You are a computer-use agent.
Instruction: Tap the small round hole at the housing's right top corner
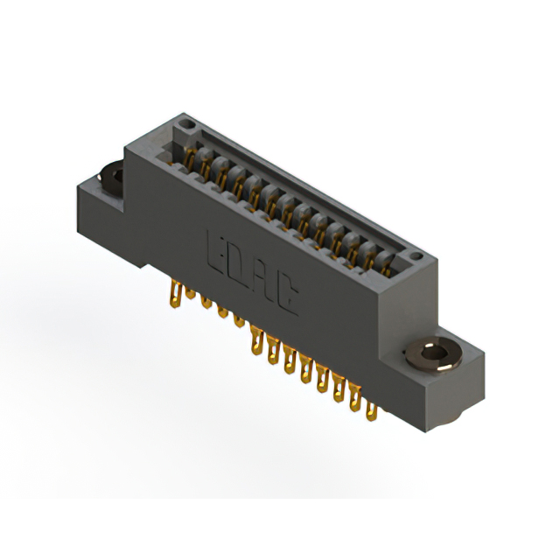click(x=417, y=257)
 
